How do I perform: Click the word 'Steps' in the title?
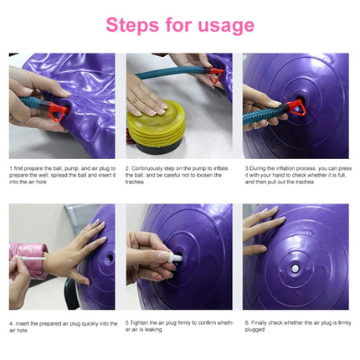tap(135, 24)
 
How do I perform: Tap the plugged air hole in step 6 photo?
tap(296, 269)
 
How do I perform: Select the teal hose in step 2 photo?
tap(167, 73)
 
